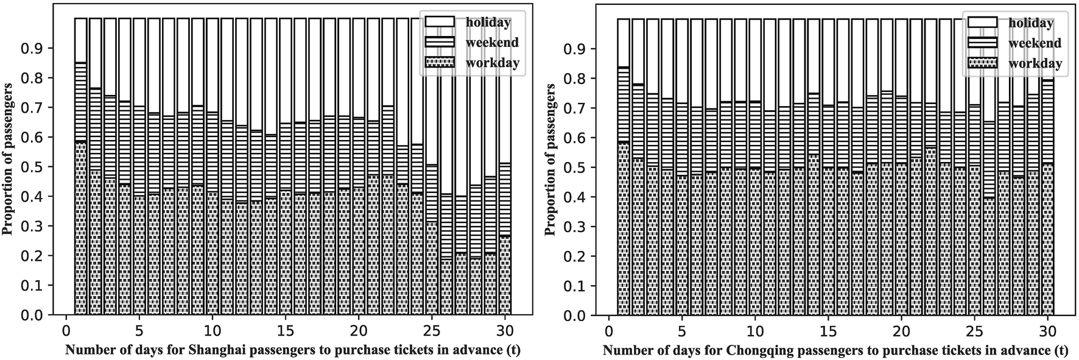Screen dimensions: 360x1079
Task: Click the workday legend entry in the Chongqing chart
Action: [1035, 63]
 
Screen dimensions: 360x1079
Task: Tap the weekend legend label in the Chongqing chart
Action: [1035, 43]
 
